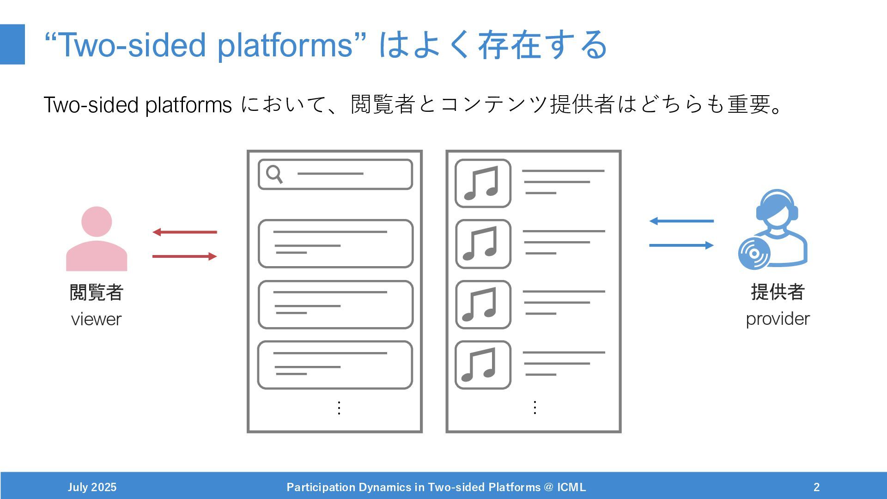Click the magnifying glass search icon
pyautogui.click(x=274, y=174)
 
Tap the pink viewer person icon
pyautogui.click(x=97, y=240)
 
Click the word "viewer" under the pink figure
pyautogui.click(x=96, y=319)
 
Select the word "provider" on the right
pyautogui.click(x=778, y=319)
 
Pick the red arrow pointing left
pyautogui.click(x=184, y=232)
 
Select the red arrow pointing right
pyautogui.click(x=184, y=256)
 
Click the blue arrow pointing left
pyautogui.click(x=681, y=221)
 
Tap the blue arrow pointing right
pyautogui.click(x=681, y=245)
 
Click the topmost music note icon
pyautogui.click(x=483, y=183)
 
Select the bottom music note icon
pyautogui.click(x=483, y=365)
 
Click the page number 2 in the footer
pyautogui.click(x=816, y=487)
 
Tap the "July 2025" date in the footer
pyautogui.click(x=92, y=487)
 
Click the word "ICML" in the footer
pyautogui.click(x=571, y=487)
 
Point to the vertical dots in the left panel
pyautogui.click(x=339, y=408)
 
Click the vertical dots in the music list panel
pyautogui.click(x=535, y=407)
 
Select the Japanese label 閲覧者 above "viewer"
pyautogui.click(x=96, y=292)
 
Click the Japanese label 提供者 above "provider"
pyautogui.click(x=778, y=292)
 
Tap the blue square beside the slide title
pyautogui.click(x=12, y=44)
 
